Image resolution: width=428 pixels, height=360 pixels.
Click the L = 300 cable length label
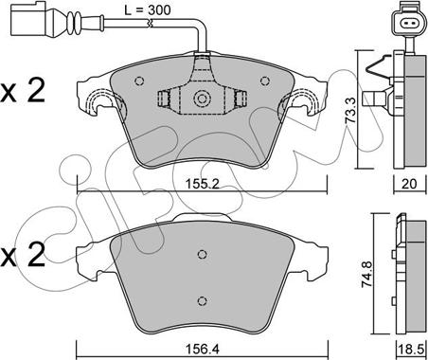click(147, 10)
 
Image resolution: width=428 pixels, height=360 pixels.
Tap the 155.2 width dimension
click(203, 184)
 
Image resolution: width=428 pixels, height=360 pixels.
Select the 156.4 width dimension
click(203, 350)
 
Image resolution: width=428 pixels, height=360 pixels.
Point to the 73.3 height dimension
click(350, 110)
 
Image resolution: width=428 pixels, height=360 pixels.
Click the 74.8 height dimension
click(367, 274)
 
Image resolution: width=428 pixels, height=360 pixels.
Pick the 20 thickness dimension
click(409, 184)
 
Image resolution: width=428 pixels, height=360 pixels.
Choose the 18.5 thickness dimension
click(412, 350)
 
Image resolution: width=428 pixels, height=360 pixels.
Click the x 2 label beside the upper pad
click(22, 91)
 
